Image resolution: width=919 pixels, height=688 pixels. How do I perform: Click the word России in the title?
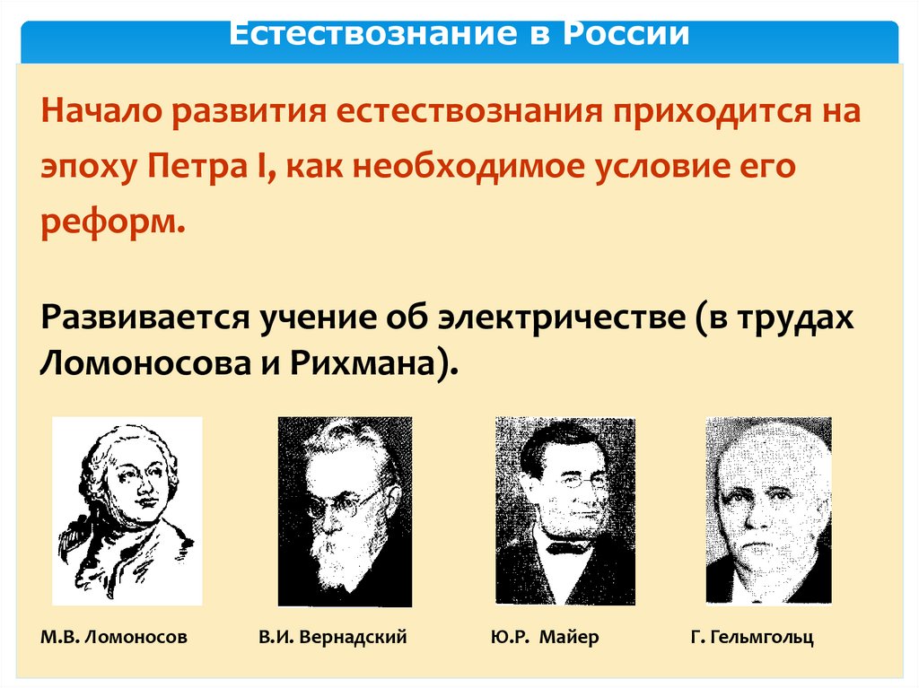[627, 34]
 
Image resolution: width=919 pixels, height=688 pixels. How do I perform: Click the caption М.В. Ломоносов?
[114, 638]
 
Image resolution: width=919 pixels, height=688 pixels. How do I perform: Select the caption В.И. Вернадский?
[332, 638]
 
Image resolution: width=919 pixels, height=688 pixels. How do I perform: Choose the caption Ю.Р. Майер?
[545, 638]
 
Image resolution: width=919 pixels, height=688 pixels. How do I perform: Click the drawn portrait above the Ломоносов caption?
[127, 510]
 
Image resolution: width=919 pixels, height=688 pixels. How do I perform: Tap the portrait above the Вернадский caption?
[345, 511]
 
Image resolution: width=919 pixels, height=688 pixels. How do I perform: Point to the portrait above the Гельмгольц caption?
[768, 510]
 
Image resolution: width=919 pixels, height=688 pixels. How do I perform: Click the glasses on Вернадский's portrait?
[346, 501]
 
